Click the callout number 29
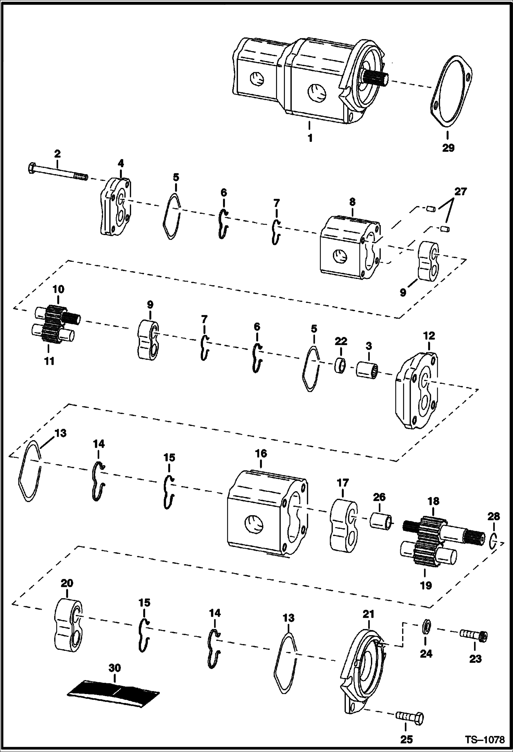pyautogui.click(x=448, y=148)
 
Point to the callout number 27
pyautogui.click(x=460, y=192)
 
